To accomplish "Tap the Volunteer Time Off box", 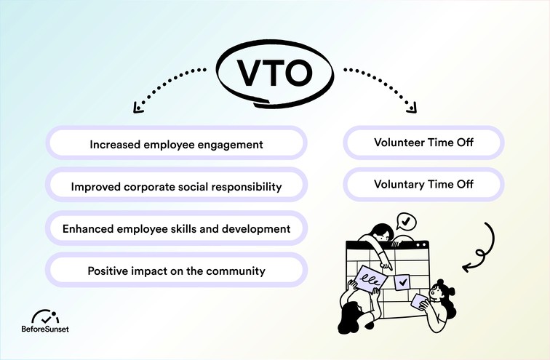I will point(423,143).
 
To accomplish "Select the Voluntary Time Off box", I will point(423,185).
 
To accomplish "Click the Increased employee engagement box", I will point(176,144).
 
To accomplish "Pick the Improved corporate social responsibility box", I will point(176,186).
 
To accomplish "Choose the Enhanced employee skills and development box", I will point(176,228).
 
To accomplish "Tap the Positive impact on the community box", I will point(176,271).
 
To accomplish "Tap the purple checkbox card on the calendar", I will point(401,280).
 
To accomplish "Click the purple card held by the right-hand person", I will point(418,300).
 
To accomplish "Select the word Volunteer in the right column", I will point(398,143).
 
